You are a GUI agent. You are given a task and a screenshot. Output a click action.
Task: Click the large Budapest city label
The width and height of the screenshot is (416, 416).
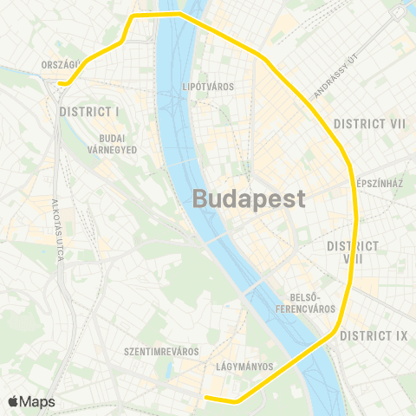(248, 198)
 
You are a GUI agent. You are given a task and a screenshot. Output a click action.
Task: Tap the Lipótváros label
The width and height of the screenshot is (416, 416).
(209, 87)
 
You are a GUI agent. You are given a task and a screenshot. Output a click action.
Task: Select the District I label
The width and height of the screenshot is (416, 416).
(89, 112)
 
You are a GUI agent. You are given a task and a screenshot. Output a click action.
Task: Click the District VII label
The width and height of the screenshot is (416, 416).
(370, 124)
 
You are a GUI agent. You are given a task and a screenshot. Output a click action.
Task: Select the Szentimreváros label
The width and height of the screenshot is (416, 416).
(162, 352)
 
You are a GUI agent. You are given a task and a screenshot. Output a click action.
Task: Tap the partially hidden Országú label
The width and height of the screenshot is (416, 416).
(61, 64)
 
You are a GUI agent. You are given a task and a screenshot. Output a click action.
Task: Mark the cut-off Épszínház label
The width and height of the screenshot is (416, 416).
(381, 185)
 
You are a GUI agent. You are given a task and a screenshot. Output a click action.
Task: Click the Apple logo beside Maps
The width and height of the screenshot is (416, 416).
(13, 401)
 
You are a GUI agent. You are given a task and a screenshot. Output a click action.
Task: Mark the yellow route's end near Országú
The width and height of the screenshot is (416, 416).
(62, 83)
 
